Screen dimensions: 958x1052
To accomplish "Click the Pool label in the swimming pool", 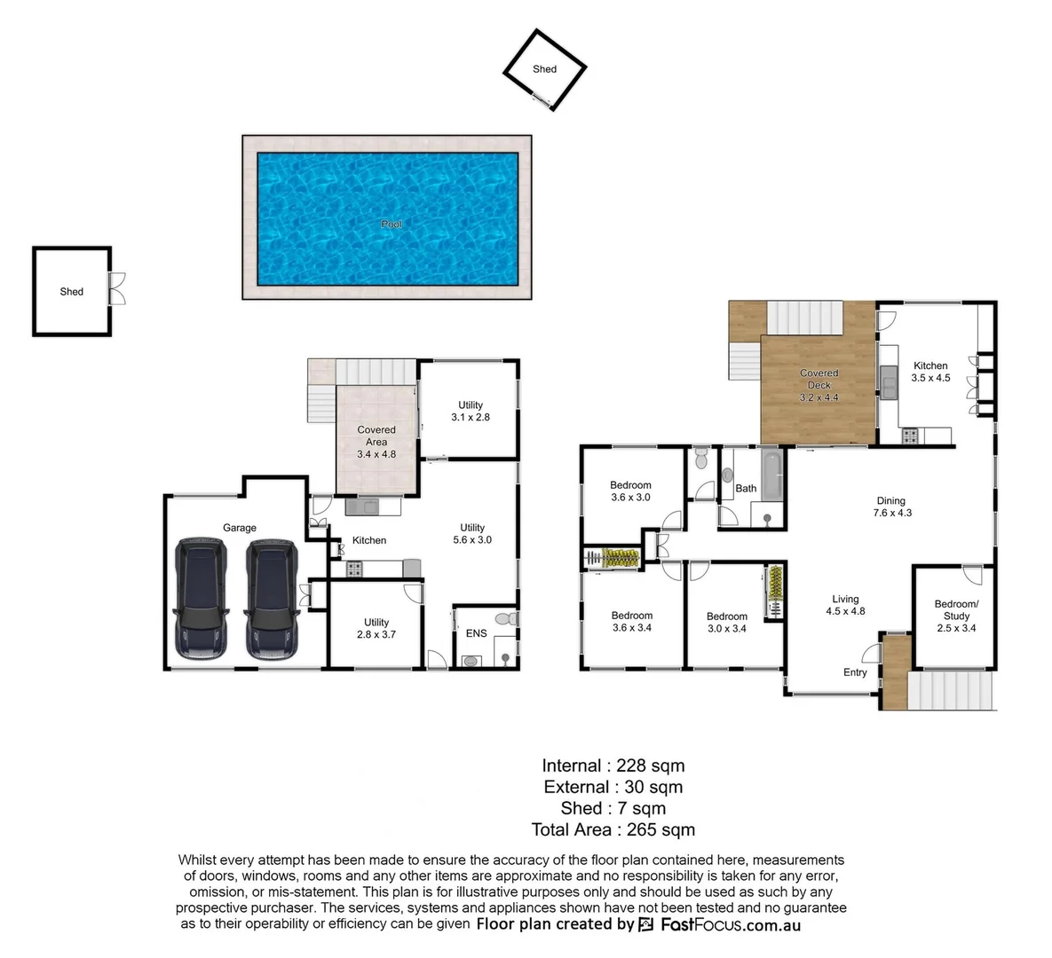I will coord(391,224).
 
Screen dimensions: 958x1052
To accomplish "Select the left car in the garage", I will coord(202,598).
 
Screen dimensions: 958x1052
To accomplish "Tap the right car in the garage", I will coord(273,598).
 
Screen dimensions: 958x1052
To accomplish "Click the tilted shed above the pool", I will coord(545,69).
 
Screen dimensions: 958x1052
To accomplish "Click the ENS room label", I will coord(476,633).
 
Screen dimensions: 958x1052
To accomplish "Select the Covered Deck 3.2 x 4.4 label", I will coord(819,385).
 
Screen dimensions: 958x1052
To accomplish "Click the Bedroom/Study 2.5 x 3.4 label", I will coord(956,616).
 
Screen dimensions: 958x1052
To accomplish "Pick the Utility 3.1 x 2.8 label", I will coord(470,411).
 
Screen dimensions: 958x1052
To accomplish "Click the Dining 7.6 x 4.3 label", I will coord(890,506).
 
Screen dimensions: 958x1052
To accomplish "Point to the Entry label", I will coord(855,672).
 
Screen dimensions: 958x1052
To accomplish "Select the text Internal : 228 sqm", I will coord(613,766).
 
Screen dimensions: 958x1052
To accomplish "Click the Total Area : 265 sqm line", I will coord(613,830).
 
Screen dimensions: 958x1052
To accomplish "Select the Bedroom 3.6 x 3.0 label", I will coord(630,491).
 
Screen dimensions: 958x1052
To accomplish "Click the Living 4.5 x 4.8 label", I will coord(845,605).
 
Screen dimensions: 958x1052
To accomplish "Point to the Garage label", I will coord(239,528).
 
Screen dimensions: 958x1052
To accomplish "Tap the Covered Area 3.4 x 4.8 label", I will coord(376,442).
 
